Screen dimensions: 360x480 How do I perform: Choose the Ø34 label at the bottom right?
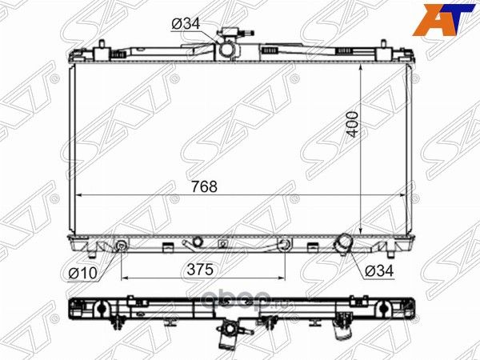[x=379, y=271]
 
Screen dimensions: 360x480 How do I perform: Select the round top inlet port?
[x=227, y=50]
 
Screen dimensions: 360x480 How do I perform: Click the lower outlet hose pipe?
[x=343, y=243]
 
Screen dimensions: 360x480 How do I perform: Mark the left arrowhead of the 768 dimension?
[x=78, y=195]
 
